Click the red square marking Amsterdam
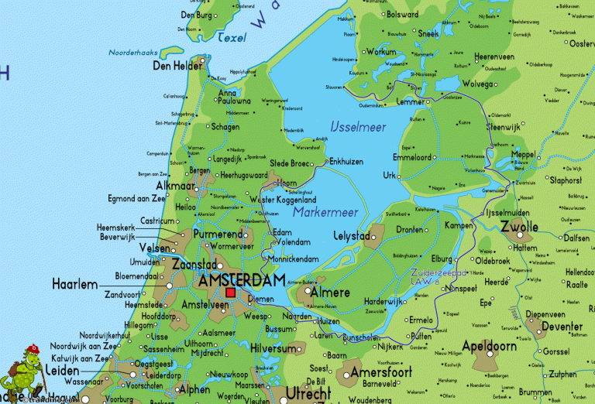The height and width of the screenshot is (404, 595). click(231, 293)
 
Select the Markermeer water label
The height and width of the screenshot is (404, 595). click(325, 211)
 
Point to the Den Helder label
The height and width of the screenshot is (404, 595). click(177, 67)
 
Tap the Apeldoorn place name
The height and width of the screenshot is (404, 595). click(489, 344)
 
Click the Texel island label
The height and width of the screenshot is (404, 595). click(232, 36)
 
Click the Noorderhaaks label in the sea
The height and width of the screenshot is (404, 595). click(136, 53)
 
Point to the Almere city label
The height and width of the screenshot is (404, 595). click(330, 293)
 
